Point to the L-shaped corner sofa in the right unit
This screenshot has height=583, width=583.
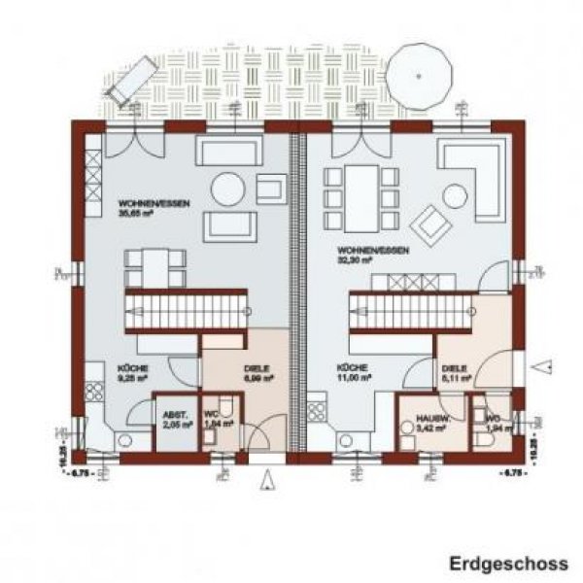pos(474,175)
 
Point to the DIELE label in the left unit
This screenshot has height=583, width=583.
pos(251,374)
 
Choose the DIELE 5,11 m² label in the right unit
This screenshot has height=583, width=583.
pos(456,373)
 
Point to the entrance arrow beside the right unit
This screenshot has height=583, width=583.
pos(547,367)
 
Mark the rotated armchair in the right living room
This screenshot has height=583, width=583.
pos(429,223)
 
